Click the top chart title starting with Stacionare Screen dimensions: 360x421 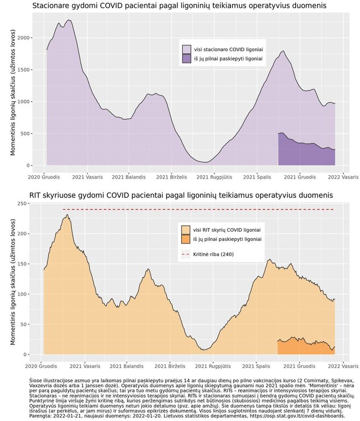[179, 5]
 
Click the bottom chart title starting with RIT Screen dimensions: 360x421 [181, 195]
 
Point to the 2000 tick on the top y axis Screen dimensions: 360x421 [23, 38]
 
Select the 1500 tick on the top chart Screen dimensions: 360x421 [23, 70]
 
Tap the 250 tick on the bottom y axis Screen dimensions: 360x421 [23, 204]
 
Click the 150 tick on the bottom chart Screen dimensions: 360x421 [23, 264]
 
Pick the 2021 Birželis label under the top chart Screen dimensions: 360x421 [171, 177]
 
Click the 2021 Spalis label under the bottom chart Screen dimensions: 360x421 [256, 366]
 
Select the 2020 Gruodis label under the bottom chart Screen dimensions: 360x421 [41, 366]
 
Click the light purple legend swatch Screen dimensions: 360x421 [186, 49]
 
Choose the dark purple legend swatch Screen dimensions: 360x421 [186, 59]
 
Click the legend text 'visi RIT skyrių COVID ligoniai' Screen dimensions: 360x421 [227, 230]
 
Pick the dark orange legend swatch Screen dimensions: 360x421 [185, 239]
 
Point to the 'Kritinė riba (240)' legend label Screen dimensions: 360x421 [213, 254]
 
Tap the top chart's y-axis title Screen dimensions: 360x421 [13, 92]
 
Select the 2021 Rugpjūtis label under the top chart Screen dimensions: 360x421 [214, 177]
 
